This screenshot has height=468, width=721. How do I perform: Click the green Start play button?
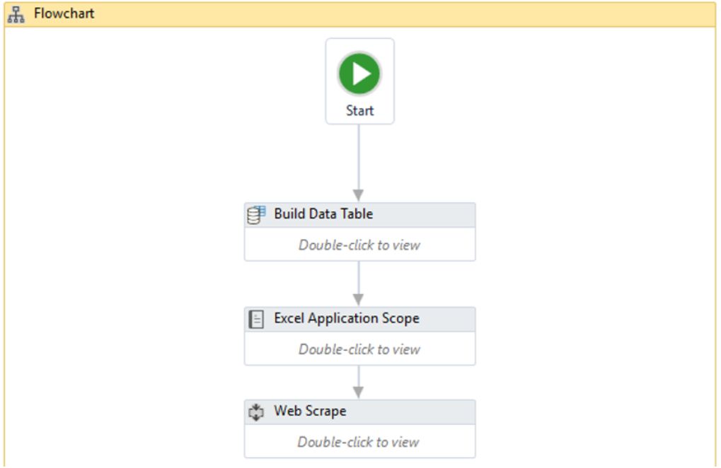[359, 74]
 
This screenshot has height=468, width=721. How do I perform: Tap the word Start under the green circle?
[359, 111]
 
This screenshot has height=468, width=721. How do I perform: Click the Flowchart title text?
[64, 13]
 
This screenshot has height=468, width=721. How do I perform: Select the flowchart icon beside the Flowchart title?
[16, 14]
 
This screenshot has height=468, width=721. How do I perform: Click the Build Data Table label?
[323, 213]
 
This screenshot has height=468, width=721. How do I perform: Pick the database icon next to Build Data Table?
[256, 214]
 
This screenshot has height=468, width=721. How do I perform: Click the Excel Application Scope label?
[347, 318]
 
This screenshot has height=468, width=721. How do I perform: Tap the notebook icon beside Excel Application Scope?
[256, 319]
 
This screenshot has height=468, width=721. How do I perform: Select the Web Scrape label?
[310, 411]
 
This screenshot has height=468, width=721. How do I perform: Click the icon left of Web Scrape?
[256, 411]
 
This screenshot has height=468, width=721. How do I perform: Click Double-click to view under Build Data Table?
[359, 245]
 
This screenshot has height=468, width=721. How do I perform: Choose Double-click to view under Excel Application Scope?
[359, 349]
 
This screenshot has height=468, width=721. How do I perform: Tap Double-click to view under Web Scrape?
[359, 442]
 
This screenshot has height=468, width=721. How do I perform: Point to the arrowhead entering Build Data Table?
[359, 195]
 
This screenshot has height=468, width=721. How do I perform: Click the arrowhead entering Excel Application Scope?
[359, 299]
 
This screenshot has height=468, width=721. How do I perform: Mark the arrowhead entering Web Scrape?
[359, 392]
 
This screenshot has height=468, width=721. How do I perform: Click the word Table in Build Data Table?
[354, 213]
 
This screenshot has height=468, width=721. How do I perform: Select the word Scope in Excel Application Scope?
[400, 318]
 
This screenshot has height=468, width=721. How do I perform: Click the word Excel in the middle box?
[289, 318]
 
